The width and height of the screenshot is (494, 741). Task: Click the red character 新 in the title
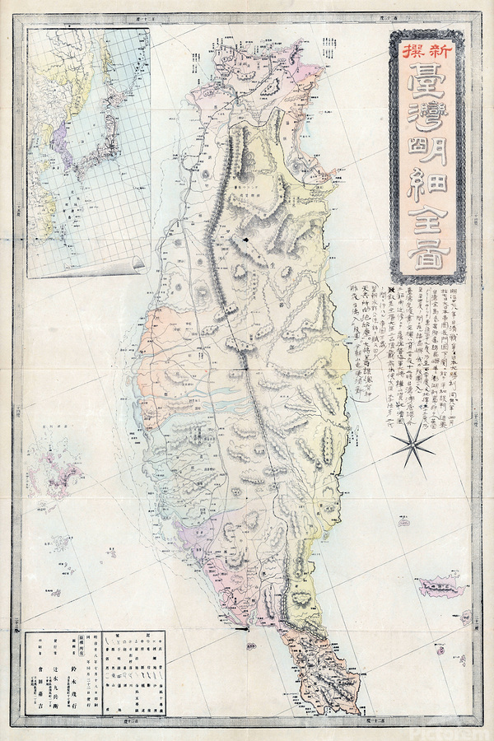(x=439, y=50)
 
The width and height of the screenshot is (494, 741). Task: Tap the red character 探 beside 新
(x=413, y=50)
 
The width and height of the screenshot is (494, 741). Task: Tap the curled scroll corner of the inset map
(x=137, y=263)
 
